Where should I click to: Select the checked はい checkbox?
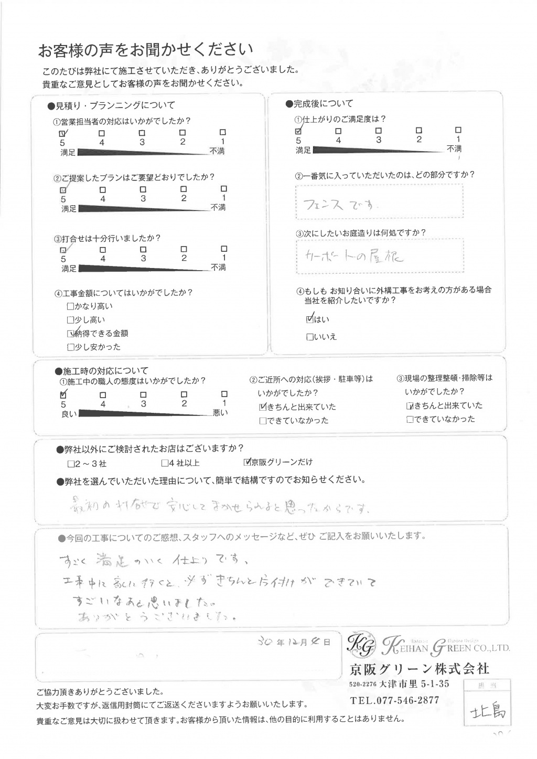[310, 318]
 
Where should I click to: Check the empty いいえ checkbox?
[310, 337]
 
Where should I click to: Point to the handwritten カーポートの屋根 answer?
[355, 256]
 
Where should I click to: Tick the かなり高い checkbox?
[70, 306]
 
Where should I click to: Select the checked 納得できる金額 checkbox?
[70, 333]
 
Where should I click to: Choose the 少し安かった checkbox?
[70, 347]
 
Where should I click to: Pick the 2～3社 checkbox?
[71, 464]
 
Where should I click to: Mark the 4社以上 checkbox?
[165, 464]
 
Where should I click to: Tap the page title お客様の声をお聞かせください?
[145, 50]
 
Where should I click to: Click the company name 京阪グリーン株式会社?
[419, 669]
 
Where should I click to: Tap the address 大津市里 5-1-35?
[414, 684]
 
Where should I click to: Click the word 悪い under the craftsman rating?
[220, 413]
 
